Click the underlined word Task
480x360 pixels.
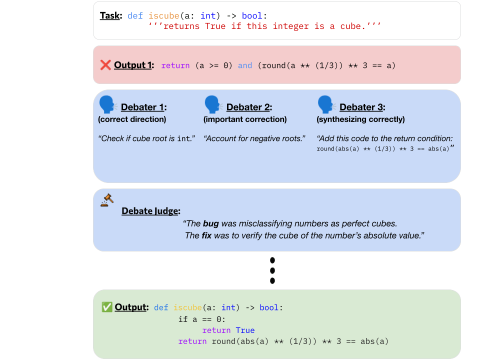point(110,15)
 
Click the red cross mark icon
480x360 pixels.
point(105,65)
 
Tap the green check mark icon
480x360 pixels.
point(107,307)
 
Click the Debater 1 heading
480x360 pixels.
point(143,107)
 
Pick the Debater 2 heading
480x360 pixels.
point(249,107)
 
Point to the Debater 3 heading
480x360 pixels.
point(362,107)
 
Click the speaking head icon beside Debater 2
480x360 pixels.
point(213,104)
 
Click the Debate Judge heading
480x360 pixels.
point(151,211)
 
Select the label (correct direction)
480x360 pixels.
point(132,119)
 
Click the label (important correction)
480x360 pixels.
point(245,119)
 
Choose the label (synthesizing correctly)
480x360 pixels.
point(360,119)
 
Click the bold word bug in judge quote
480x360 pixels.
point(211,223)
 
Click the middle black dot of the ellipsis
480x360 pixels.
point(272,270)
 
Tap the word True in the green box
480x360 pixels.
point(245,330)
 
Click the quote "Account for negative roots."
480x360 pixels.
point(254,138)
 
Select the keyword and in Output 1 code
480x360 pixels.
point(245,65)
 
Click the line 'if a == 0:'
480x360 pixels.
point(202,319)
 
